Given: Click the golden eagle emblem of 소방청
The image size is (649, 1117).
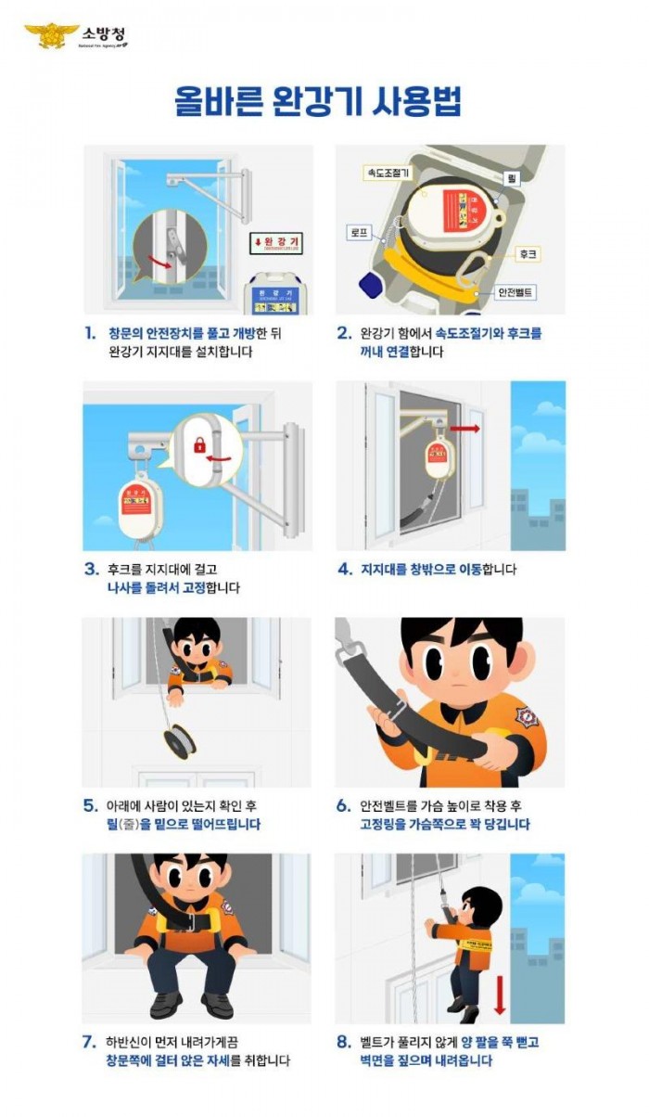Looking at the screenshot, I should pos(51,35).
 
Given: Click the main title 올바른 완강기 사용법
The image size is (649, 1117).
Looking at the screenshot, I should pos(318,101).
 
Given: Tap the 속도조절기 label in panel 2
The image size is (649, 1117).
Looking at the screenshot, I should pos(386,173).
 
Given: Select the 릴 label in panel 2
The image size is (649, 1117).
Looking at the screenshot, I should pos(511,175).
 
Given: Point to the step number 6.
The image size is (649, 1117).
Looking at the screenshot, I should pos(343,805).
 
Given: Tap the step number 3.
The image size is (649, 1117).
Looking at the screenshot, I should pos(90,569).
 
